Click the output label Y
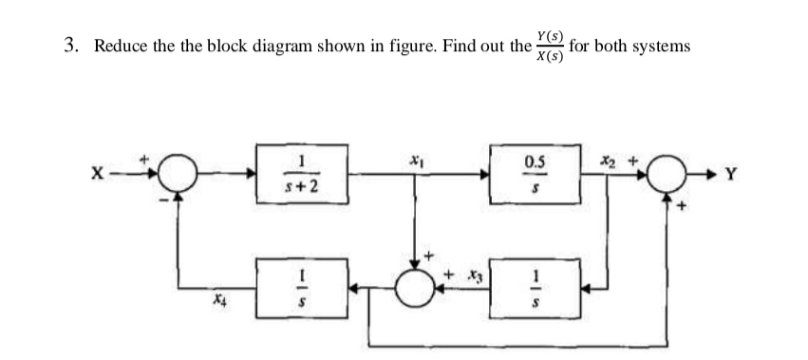pos(727,175)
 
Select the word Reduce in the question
pos(120,47)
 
